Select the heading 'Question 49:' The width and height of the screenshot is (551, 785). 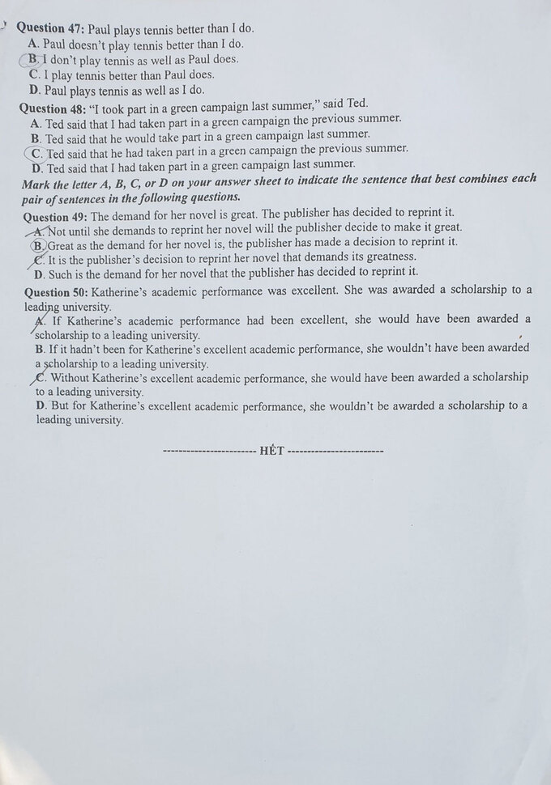(x=56, y=217)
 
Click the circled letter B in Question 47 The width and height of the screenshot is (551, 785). (x=33, y=60)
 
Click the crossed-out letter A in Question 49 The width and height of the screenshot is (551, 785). (x=38, y=231)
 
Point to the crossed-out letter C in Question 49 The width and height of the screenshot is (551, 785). (x=39, y=260)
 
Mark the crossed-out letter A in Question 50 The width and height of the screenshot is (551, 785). (x=40, y=321)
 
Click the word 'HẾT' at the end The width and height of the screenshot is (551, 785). (x=272, y=451)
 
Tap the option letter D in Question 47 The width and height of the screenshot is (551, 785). (x=34, y=91)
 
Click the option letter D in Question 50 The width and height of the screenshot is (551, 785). (x=41, y=405)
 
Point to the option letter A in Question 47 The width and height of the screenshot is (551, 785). (x=33, y=44)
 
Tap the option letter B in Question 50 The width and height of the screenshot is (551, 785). (x=41, y=349)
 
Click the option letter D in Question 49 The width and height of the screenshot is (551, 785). (x=39, y=274)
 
